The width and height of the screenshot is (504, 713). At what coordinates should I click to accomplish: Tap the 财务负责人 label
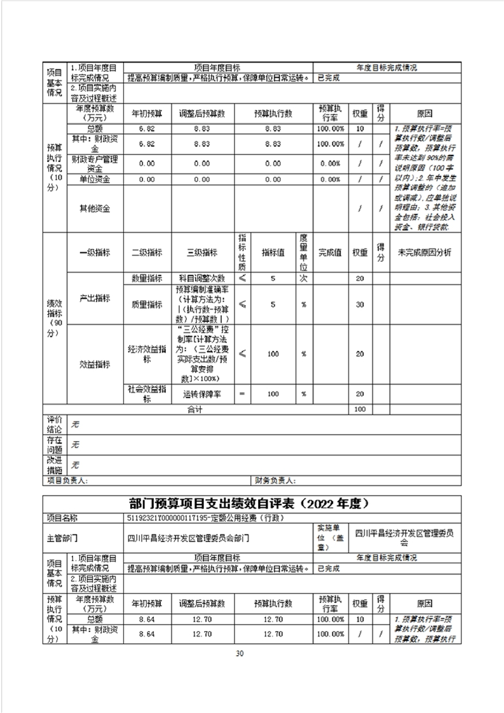coord(275,480)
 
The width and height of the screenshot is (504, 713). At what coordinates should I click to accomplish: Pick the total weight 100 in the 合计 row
coord(360,410)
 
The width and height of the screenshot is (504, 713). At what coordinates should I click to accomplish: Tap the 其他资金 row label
coord(94,208)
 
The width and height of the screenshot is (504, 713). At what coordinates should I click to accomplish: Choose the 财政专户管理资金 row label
coord(94,163)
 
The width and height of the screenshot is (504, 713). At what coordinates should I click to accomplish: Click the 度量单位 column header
coord(304,252)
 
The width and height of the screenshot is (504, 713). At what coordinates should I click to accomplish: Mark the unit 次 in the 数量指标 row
coord(304,278)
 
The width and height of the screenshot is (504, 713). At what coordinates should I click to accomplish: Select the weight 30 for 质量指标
coord(360,304)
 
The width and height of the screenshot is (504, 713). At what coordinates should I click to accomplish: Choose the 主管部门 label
coord(61,538)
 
